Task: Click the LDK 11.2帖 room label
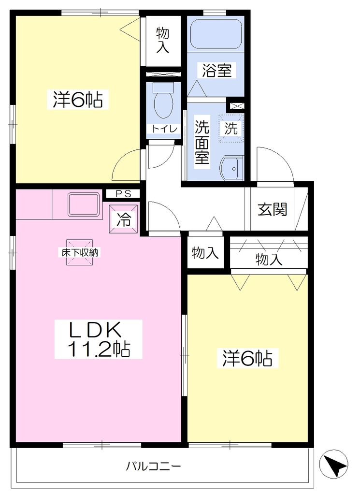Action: click(98, 339)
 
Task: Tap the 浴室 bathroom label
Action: click(217, 70)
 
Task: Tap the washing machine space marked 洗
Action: click(231, 128)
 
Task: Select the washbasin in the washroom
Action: click(232, 168)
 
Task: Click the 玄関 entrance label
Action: click(272, 209)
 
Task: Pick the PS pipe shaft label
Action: click(123, 194)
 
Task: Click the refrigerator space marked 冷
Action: click(124, 219)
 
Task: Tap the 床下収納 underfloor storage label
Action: click(80, 252)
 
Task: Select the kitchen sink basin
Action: click(84, 205)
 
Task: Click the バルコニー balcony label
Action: click(154, 466)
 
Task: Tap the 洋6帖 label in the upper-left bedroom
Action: click(78, 99)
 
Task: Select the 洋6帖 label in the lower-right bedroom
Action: click(247, 358)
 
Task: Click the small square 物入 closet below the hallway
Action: click(205, 253)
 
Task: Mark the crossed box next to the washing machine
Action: click(237, 106)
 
